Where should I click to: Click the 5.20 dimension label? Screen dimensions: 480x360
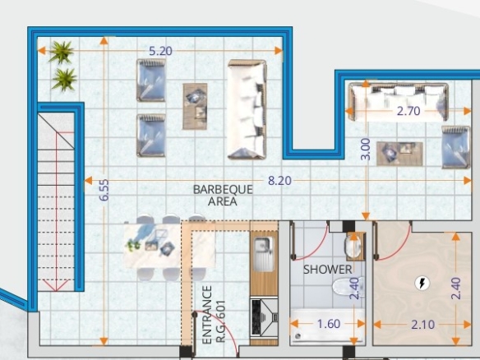pyautogui.click(x=160, y=51)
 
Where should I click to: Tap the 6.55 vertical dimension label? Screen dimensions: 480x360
pyautogui.click(x=104, y=190)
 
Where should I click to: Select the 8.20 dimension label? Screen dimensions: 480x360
pyautogui.click(x=279, y=181)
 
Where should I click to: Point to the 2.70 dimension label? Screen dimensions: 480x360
pyautogui.click(x=408, y=111)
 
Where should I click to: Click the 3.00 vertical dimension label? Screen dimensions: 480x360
pyautogui.click(x=366, y=149)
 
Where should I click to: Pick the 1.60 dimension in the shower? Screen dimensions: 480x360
pyautogui.click(x=329, y=324)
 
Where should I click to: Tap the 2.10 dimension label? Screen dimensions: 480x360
pyautogui.click(x=422, y=325)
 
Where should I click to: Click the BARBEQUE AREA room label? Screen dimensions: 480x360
pyautogui.click(x=223, y=196)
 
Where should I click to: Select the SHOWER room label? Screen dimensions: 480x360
pyautogui.click(x=328, y=270)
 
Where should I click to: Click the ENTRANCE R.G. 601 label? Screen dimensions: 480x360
pyautogui.click(x=214, y=316)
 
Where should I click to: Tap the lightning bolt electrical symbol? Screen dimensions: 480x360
pyautogui.click(x=422, y=284)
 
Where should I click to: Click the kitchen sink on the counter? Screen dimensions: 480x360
pyautogui.click(x=264, y=254)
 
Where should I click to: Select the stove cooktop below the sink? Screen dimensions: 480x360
pyautogui.click(x=264, y=317)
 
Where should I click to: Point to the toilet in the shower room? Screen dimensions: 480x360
pyautogui.click(x=348, y=287)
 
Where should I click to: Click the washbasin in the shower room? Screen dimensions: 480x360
pyautogui.click(x=353, y=246)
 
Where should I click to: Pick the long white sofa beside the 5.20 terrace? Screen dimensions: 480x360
pyautogui.click(x=247, y=109)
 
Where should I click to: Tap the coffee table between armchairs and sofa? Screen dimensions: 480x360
pyautogui.click(x=195, y=106)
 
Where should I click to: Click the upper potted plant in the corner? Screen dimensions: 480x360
pyautogui.click(x=61, y=52)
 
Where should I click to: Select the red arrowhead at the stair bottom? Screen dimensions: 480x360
pyautogui.click(x=57, y=285)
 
